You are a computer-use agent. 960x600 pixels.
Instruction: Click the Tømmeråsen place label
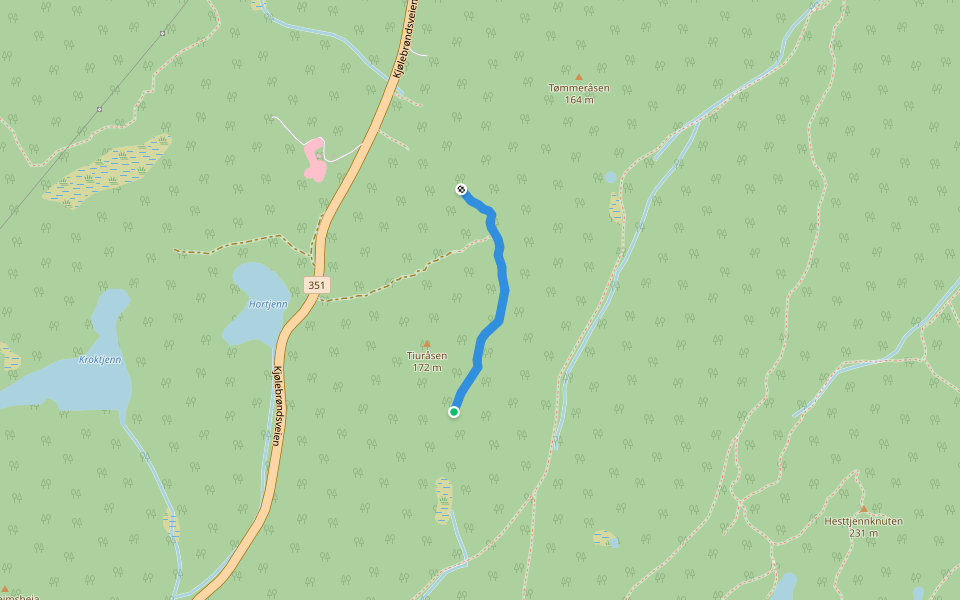pyautogui.click(x=579, y=88)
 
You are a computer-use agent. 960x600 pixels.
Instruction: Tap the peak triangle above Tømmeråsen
pyautogui.click(x=579, y=76)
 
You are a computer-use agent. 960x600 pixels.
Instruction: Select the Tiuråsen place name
pyautogui.click(x=427, y=355)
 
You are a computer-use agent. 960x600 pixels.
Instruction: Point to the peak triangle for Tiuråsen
pyautogui.click(x=427, y=343)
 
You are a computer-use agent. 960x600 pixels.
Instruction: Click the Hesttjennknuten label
pyautogui.click(x=863, y=521)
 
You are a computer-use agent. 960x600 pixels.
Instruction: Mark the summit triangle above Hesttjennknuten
pyautogui.click(x=863, y=509)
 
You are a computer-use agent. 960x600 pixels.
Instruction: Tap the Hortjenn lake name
pyautogui.click(x=268, y=304)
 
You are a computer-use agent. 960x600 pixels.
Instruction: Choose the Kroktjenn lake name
pyautogui.click(x=100, y=359)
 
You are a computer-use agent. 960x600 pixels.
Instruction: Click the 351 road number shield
pyautogui.click(x=316, y=285)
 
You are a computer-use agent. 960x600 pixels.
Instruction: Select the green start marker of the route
pyautogui.click(x=454, y=411)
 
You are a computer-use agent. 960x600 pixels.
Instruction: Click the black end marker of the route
pyautogui.click(x=461, y=189)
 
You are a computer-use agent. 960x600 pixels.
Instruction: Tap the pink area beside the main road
pyautogui.click(x=315, y=160)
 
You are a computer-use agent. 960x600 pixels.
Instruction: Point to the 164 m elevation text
pyautogui.click(x=579, y=100)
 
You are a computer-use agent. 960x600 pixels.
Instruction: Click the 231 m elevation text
pyautogui.click(x=863, y=533)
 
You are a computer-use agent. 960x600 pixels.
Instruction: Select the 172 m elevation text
pyautogui.click(x=427, y=367)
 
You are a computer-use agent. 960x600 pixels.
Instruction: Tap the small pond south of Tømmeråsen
pyautogui.click(x=610, y=178)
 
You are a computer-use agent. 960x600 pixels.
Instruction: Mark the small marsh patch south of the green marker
pyautogui.click(x=443, y=499)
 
